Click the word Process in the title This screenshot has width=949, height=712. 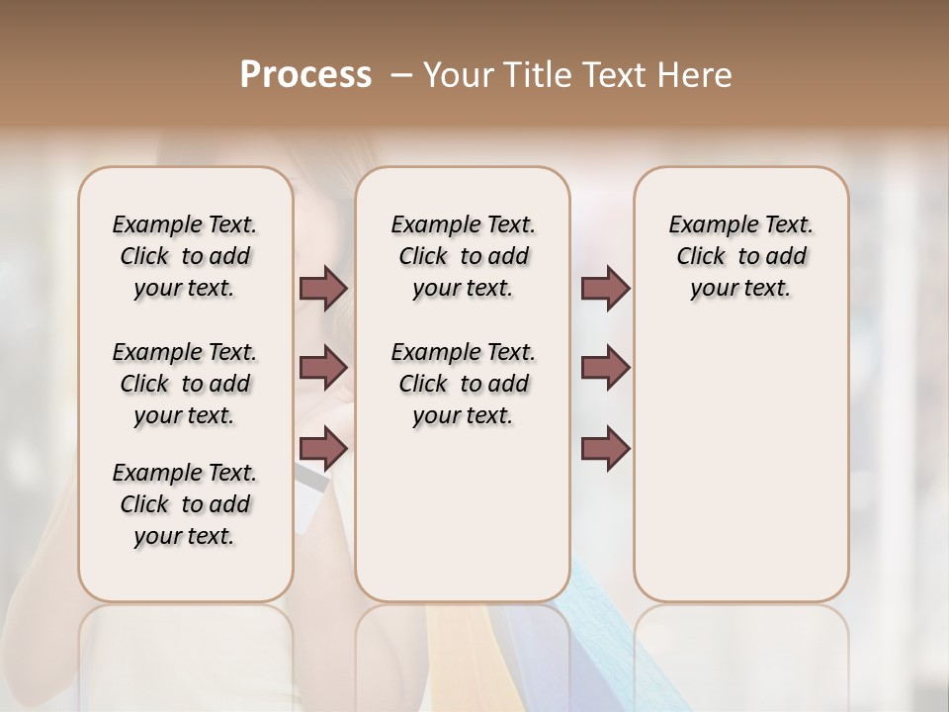pos(305,74)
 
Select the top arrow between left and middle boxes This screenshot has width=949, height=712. pos(323,288)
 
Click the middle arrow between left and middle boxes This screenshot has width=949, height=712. pos(323,368)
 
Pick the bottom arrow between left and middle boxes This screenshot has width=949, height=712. pos(323,448)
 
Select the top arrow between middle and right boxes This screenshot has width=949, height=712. pos(605,288)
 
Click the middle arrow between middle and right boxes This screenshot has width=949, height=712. pos(605,368)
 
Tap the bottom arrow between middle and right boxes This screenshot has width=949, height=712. pos(605,448)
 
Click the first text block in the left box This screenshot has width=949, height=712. pos(185,256)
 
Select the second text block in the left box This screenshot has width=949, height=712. pos(185,384)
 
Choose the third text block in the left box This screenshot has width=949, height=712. pos(185,504)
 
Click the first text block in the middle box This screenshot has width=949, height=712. pos(464,256)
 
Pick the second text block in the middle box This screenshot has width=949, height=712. pos(464,384)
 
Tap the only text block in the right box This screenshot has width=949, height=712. pos(741,256)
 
